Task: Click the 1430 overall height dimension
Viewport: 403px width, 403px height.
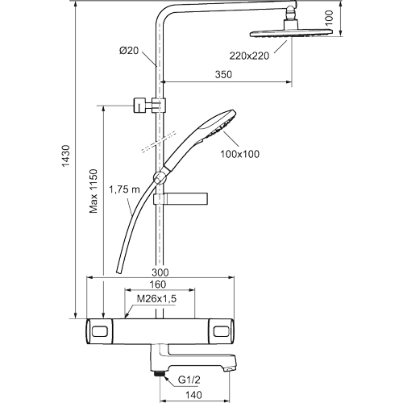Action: pyautogui.click(x=66, y=156)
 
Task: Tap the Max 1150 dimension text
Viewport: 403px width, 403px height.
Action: pyautogui.click(x=93, y=191)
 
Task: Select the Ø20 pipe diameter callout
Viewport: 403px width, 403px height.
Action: pyautogui.click(x=129, y=51)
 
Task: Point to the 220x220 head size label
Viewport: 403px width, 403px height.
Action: pyautogui.click(x=249, y=56)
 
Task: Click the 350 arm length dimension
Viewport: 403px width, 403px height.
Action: pyautogui.click(x=223, y=74)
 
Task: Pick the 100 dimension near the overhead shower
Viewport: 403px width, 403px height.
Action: pyautogui.click(x=329, y=18)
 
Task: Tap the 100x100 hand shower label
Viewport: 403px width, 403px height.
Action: pyautogui.click(x=240, y=154)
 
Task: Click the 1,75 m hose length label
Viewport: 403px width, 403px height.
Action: pyautogui.click(x=125, y=189)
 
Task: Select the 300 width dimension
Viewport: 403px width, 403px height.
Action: pyautogui.click(x=160, y=272)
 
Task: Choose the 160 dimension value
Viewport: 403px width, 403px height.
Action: pyautogui.click(x=157, y=285)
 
